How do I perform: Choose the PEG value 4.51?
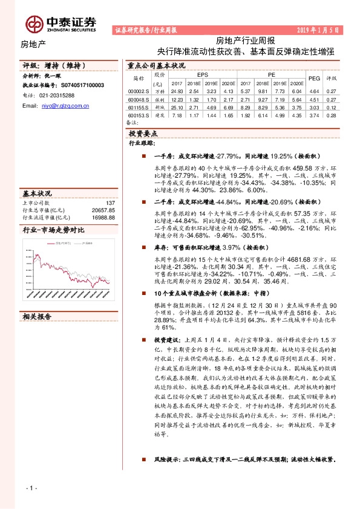tap(314, 99)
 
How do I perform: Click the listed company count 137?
tap(110, 203)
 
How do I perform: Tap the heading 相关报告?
tap(38, 316)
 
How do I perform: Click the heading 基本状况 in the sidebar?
tap(38, 194)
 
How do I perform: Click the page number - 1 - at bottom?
tap(32, 487)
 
